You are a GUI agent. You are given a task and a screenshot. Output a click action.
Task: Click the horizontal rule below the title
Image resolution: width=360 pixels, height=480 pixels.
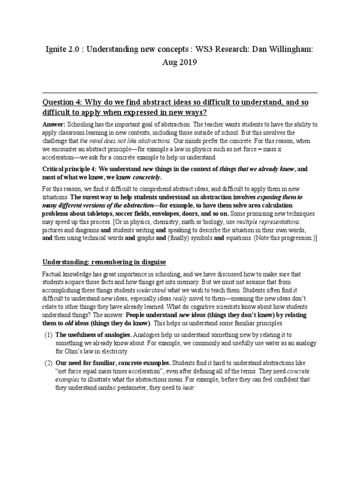coord(180,93)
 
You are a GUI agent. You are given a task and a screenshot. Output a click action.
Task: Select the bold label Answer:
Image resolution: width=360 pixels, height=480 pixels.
coord(54,125)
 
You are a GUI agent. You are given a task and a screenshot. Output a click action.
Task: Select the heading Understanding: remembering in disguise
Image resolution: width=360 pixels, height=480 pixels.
coord(104,262)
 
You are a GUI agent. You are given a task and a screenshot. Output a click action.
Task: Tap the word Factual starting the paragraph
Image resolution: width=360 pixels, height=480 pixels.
coord(52,274)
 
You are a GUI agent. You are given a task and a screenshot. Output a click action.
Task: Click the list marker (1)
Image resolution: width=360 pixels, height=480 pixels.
coord(48,335)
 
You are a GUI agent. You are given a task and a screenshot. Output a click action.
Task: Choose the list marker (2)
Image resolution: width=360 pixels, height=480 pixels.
coord(48,363)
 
